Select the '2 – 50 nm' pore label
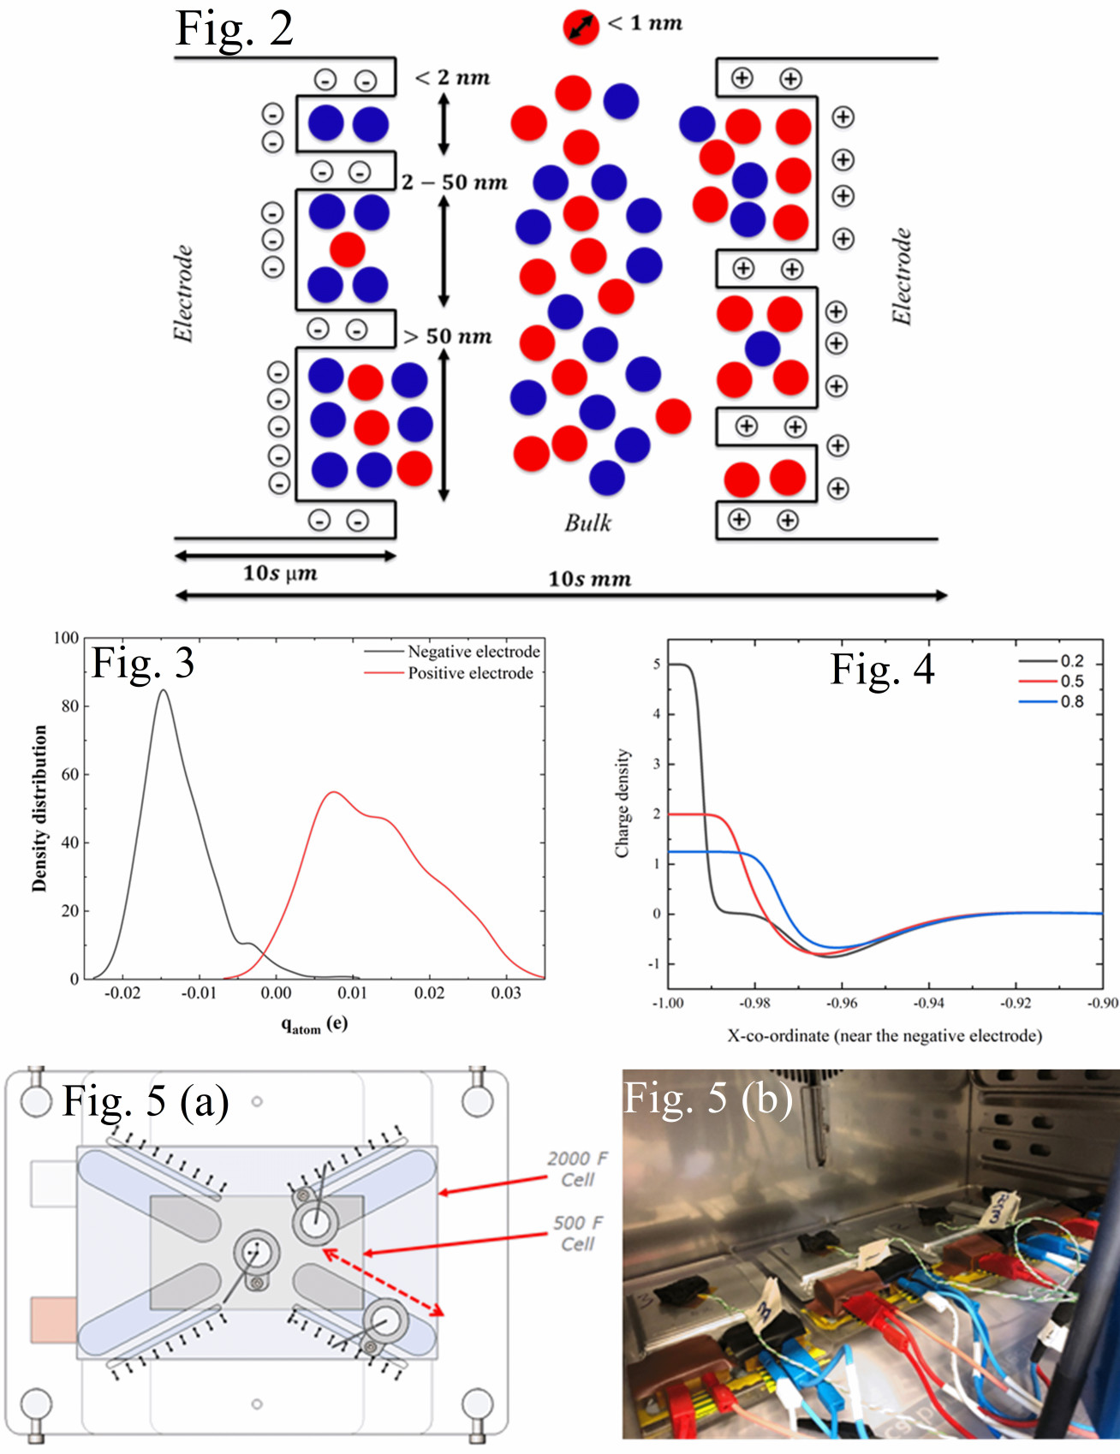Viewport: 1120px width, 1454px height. (455, 182)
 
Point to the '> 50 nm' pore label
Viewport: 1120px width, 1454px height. (448, 337)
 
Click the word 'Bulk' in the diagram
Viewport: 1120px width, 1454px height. (587, 522)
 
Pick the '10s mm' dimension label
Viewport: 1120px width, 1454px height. (589, 579)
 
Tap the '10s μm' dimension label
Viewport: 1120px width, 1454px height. (280, 573)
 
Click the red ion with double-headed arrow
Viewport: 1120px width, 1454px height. (581, 27)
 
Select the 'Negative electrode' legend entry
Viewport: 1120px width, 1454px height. (474, 652)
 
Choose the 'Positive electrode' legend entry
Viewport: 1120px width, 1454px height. (470, 673)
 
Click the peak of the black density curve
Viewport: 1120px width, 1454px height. (163, 690)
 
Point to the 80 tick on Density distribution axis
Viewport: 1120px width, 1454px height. (70, 706)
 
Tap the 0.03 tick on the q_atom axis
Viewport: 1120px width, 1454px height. (506, 992)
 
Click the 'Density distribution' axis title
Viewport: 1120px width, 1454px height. (39, 808)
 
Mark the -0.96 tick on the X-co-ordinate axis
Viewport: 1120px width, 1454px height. (843, 1003)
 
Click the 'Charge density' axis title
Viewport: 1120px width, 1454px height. (623, 803)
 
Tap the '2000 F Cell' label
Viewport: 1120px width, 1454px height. (577, 1169)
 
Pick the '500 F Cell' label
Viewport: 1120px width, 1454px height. (577, 1233)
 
